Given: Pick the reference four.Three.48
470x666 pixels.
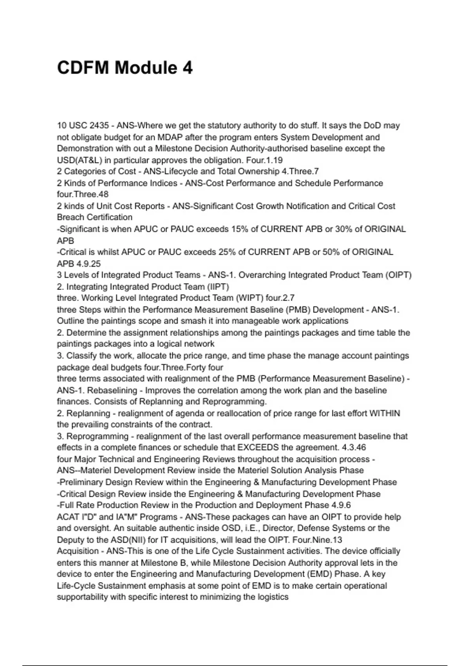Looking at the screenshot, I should (x=83, y=194).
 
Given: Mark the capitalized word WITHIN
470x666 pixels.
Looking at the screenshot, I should (x=385, y=414).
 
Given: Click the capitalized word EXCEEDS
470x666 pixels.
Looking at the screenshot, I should (x=258, y=448).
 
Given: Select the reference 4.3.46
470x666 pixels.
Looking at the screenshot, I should (x=354, y=448).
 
